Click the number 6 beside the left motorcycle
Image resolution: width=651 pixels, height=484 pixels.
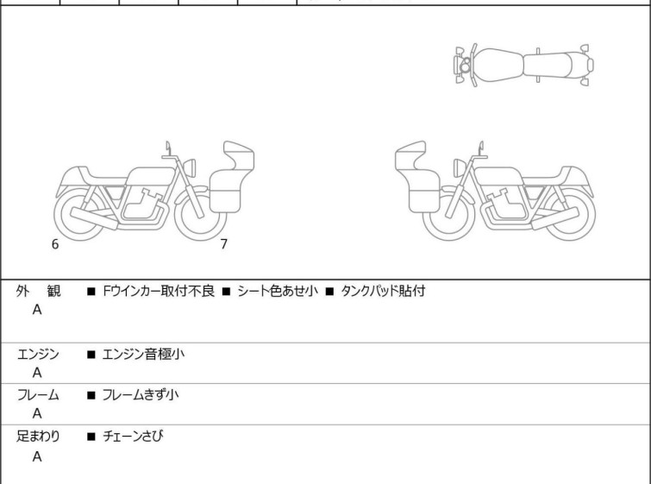point(55,244)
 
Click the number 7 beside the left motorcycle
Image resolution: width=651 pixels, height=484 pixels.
point(223,244)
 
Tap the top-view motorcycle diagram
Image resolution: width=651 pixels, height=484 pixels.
point(524,64)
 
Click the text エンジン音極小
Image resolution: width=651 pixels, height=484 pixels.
point(142,354)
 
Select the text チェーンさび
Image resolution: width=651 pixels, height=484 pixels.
point(132,437)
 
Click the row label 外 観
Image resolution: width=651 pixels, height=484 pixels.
point(38,292)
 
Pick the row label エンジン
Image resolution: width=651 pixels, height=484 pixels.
point(38,354)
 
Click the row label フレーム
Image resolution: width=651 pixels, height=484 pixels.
point(38,395)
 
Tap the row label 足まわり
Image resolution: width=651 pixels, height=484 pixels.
point(38,437)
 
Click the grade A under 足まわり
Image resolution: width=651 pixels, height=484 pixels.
point(37,457)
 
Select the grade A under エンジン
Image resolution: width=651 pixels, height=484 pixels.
point(37,373)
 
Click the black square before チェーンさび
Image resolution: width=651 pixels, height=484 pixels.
point(91,437)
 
